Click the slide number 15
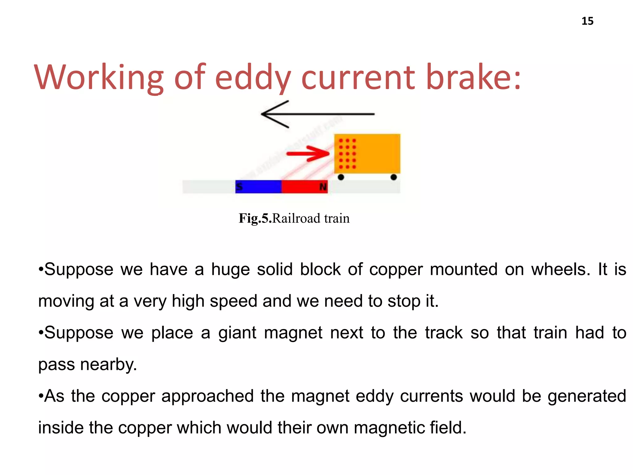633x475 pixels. point(587,21)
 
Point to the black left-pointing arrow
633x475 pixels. point(318,114)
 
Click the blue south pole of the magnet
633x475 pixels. point(258,187)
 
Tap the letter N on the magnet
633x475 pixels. point(323,187)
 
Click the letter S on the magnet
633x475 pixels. point(239,187)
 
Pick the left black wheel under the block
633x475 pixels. point(341,177)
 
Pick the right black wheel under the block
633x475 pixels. point(393,177)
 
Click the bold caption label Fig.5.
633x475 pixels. point(255,218)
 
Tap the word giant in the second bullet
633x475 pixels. point(237,333)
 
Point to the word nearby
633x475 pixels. point(108,365)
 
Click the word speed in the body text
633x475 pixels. point(233,301)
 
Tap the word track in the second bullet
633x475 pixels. point(444,333)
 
